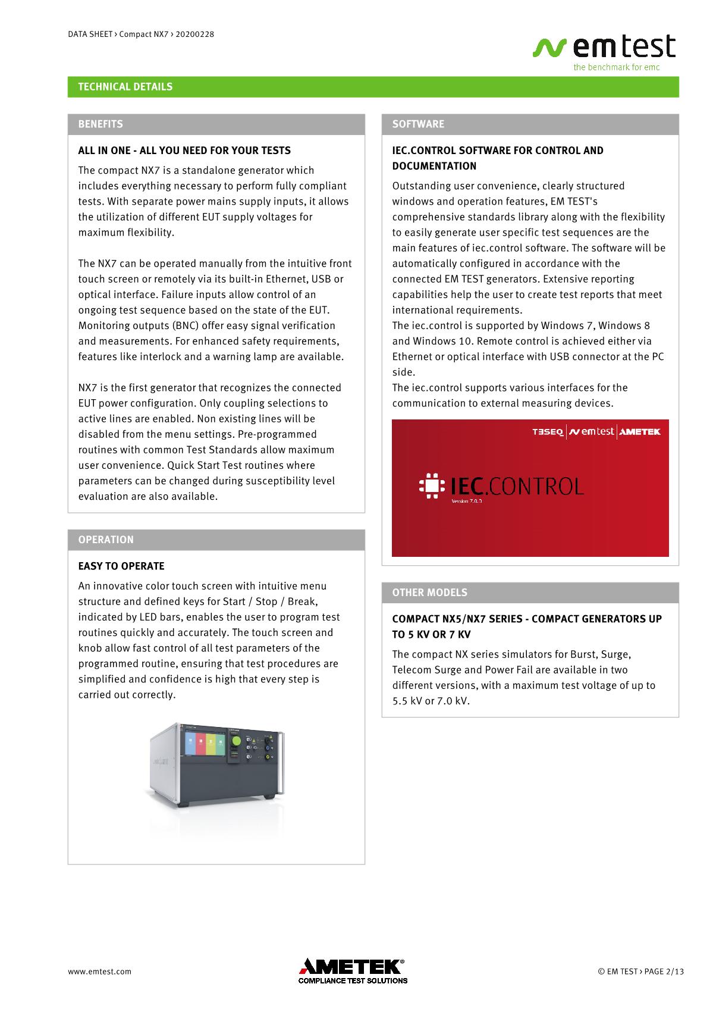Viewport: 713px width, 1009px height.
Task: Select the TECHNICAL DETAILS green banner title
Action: pos(125,87)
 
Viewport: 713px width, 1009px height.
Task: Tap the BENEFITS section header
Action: pos(100,124)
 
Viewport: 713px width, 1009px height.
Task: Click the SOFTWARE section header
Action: pos(418,124)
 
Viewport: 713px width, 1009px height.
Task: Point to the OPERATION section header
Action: pos(106,540)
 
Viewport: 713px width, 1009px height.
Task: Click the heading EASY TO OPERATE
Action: pos(121,566)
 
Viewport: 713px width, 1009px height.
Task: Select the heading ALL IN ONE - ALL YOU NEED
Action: pos(184,151)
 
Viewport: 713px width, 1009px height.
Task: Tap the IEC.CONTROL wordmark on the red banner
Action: pos(516,487)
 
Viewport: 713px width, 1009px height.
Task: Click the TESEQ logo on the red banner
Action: pos(547,432)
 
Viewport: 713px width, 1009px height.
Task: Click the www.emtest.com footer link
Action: pos(99,972)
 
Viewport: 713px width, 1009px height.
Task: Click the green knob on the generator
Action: pos(236,741)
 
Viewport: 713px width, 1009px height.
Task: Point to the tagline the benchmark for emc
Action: pos(616,67)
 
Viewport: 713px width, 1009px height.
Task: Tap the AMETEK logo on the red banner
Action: pos(640,432)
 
